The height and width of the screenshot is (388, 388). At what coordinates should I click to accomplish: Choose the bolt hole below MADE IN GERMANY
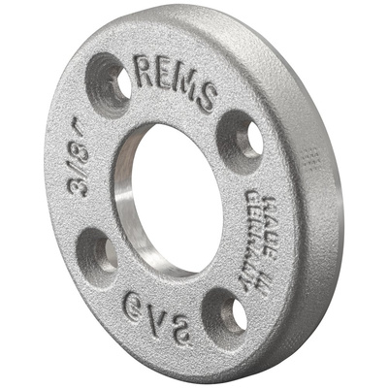224,312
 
